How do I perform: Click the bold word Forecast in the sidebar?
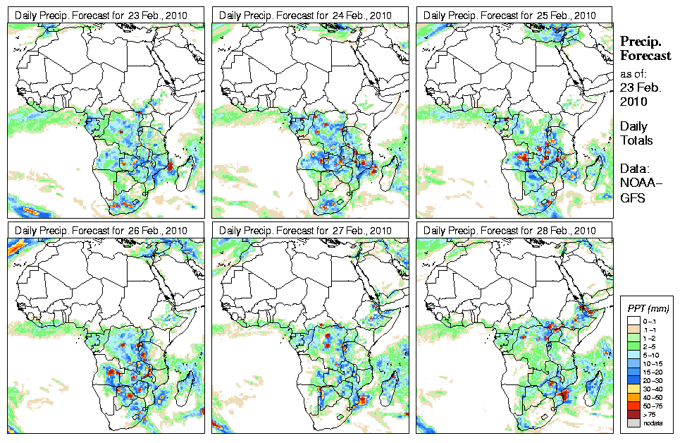point(645,56)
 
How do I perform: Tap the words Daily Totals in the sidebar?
point(636,133)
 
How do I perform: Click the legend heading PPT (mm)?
point(648,308)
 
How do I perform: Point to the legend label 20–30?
point(649,380)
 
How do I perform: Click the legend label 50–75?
point(649,406)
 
